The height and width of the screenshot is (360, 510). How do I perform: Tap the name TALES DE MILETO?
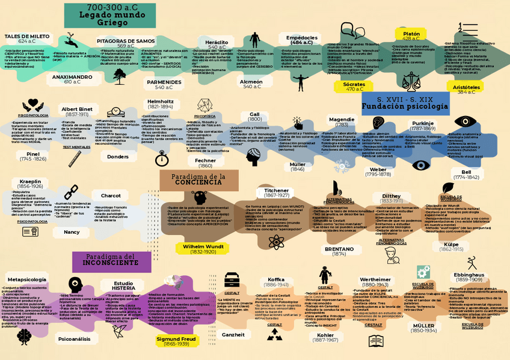pos(27,36)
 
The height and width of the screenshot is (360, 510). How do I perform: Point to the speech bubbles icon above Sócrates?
pos(348,29)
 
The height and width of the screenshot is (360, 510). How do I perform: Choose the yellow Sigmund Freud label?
pos(176,341)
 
